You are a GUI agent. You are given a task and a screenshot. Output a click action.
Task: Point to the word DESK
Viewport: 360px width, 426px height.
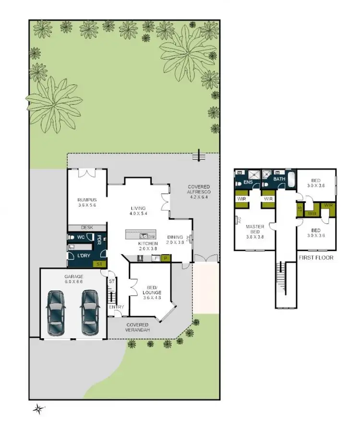coord(87,228)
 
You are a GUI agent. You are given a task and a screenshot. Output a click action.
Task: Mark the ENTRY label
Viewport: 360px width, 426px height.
coord(116,307)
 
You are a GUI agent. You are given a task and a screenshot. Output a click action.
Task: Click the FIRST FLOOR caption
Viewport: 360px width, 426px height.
coord(316,258)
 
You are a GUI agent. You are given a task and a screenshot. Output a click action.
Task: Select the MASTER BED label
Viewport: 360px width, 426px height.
coord(255,230)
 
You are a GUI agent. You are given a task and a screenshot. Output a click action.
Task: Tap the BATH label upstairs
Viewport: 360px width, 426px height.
coord(279,179)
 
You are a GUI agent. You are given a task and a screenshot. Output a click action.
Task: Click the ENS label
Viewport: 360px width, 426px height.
coord(248,183)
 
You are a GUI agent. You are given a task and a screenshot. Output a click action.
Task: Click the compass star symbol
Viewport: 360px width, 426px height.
coord(37,409)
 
